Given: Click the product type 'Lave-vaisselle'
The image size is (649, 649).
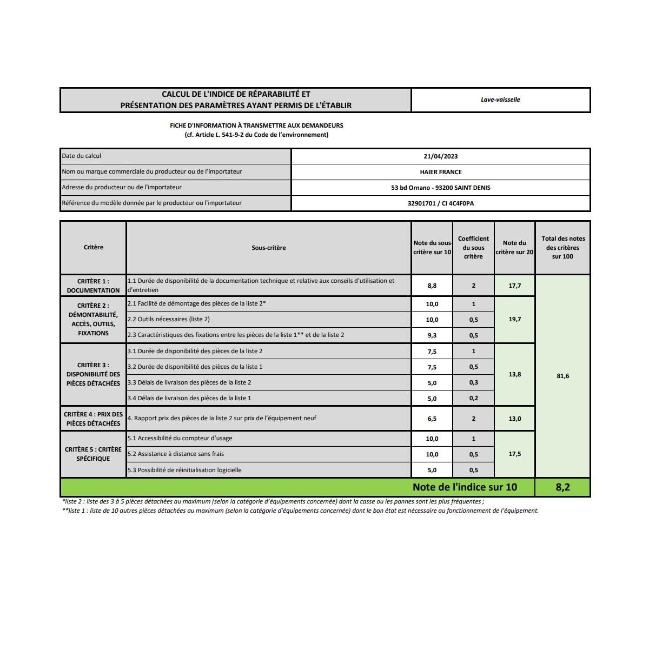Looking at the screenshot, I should pos(500,100).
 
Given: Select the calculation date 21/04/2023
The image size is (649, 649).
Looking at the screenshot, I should pos(440,156).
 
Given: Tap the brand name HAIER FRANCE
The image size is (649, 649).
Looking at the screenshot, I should pos(440,172).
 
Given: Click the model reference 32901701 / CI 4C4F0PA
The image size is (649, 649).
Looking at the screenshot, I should pos(440,203).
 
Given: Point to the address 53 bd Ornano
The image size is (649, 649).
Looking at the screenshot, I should pos(440,188).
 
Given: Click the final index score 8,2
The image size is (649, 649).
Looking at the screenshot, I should pos(562,487).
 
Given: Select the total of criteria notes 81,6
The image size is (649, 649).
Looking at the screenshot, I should pos(562,376).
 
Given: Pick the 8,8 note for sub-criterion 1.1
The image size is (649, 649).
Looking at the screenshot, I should pos(432,286).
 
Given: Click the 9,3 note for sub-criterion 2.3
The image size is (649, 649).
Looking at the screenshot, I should pos(432,335).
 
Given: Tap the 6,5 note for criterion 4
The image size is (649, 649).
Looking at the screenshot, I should pos(432,419).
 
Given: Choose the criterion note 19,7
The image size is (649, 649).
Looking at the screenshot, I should pos(514,320).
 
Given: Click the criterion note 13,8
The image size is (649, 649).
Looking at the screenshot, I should pos(514,374).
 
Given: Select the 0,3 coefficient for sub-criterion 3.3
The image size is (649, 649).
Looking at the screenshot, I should pos(473,383).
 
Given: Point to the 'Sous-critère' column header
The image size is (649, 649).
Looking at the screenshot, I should pos(268,248).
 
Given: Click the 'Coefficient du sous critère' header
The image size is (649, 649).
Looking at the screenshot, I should pos(473,247).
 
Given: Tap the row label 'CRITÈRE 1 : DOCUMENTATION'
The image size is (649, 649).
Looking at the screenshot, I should pos(93,286).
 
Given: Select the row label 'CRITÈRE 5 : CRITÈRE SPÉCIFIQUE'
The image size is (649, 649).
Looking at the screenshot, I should pos(93,454).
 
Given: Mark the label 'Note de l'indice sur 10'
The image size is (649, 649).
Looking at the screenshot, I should pos(465,487).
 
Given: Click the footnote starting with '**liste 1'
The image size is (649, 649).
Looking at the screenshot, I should pos(300,511).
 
